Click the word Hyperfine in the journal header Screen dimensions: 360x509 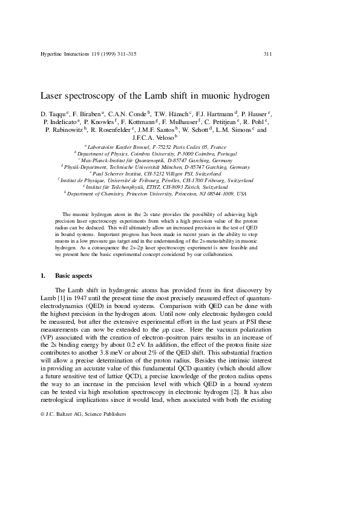(52, 54)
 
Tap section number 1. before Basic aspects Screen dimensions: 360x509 (42, 275)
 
